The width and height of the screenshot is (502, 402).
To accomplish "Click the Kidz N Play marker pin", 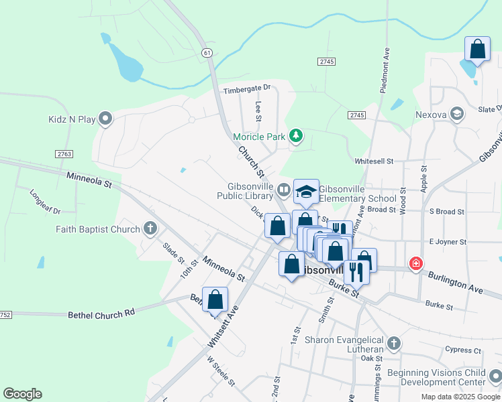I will [105, 119].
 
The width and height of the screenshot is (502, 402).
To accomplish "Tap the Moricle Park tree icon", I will [296, 137].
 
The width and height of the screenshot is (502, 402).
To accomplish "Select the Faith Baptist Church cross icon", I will [150, 229].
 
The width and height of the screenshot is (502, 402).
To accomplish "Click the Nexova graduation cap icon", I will [458, 115].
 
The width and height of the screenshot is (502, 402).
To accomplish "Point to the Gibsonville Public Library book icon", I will [285, 190].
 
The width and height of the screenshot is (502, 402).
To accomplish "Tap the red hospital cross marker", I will [416, 263].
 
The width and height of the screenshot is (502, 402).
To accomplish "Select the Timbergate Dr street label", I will [246, 88].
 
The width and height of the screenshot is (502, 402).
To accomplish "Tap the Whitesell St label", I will [374, 161].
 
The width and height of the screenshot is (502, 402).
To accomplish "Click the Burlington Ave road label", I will [456, 279].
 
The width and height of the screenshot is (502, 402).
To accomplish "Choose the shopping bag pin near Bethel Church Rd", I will [215, 301].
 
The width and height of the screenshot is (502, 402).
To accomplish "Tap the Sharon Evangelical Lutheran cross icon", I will [394, 344].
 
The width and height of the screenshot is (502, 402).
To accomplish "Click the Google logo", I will [22, 394].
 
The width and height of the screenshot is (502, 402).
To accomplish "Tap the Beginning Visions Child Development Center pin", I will [495, 377].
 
